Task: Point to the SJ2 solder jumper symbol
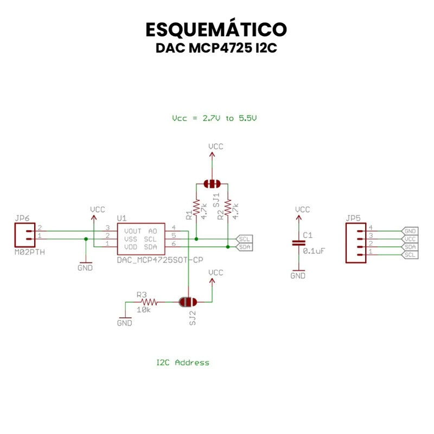[x=188, y=302]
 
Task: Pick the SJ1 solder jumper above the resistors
[x=212, y=184]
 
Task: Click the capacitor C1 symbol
[x=298, y=242]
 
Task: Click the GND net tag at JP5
[x=410, y=231]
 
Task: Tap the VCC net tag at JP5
[x=410, y=239]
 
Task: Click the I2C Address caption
[x=182, y=362]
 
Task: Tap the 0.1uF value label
[x=314, y=251]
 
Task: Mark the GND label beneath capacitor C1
[x=298, y=276]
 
